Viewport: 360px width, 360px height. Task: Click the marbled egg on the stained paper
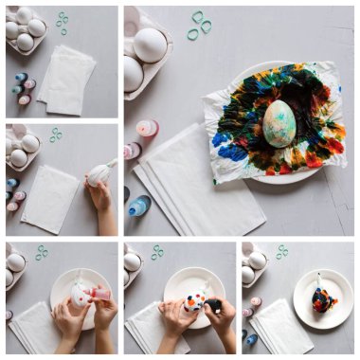279,123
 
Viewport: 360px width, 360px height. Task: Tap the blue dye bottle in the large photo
139,205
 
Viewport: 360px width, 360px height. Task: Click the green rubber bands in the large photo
200,26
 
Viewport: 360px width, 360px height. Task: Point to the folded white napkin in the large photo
199,189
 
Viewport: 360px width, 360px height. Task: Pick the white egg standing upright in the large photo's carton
150,44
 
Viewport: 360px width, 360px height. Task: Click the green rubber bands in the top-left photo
63,23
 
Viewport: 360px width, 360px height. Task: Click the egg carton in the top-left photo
26,30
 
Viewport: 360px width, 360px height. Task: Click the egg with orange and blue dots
194,302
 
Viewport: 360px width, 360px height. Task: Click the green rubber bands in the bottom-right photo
281,252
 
